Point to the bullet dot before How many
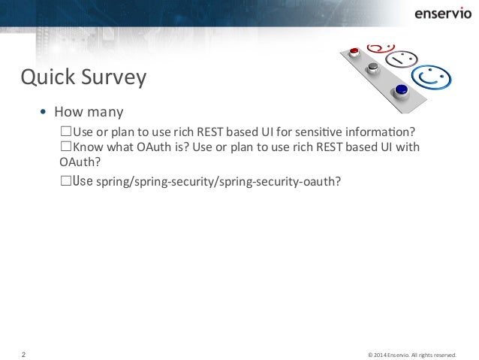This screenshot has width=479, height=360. [43, 113]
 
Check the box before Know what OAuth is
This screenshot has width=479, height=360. [65, 147]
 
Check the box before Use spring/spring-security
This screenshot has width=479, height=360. [65, 181]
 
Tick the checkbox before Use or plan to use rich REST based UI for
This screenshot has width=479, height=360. [65, 132]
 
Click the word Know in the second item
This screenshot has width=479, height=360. [86, 147]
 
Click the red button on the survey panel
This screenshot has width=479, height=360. [356, 52]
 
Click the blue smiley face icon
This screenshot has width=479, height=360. [433, 77]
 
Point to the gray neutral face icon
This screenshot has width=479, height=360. [404, 58]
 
